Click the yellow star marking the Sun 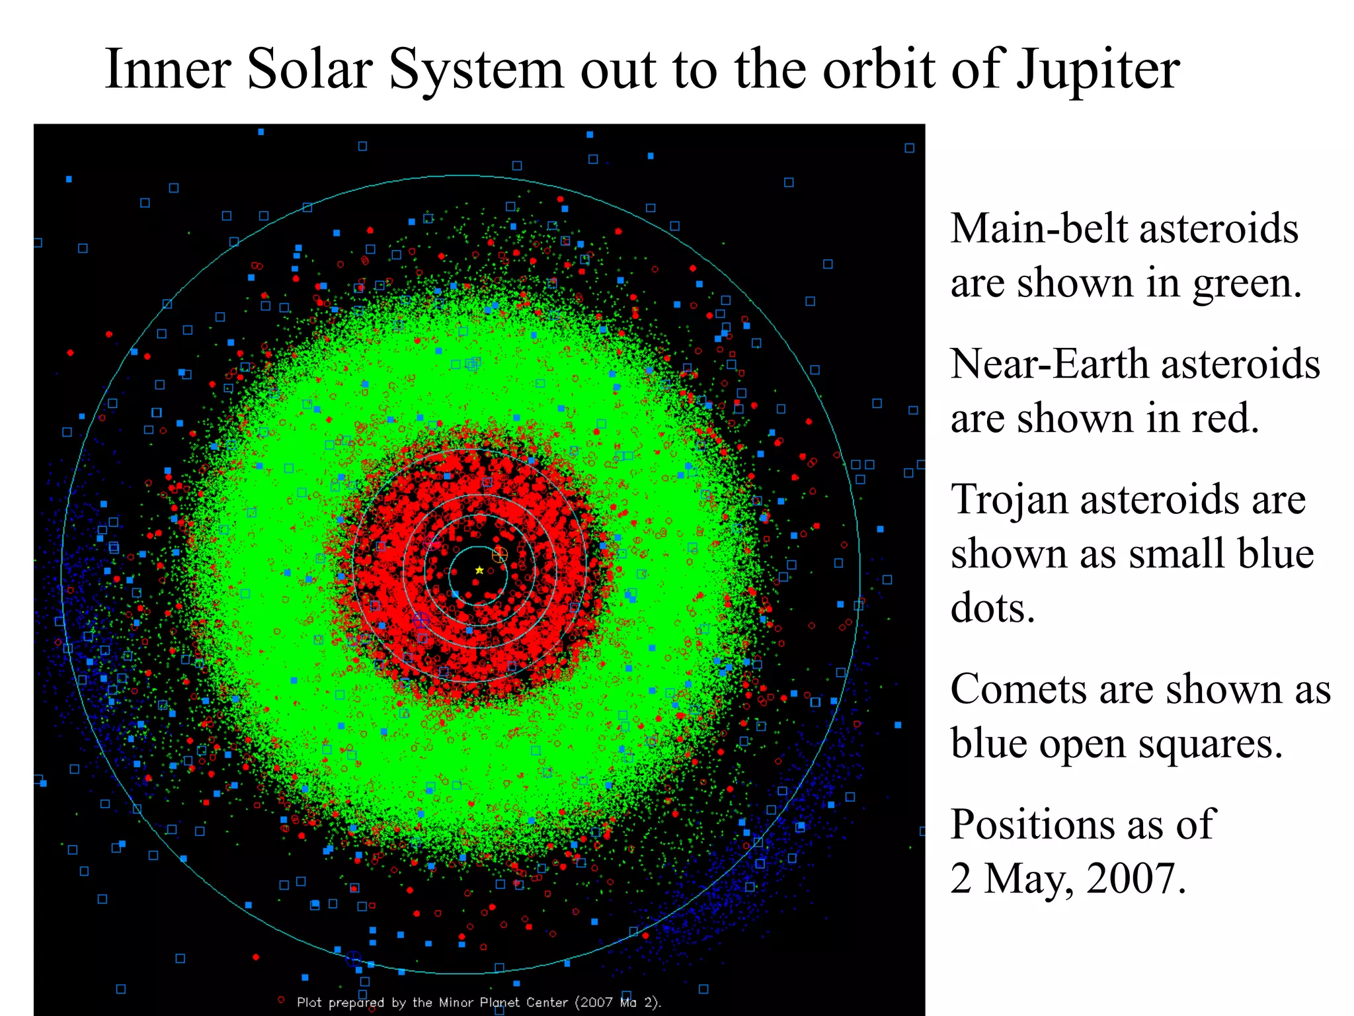(479, 570)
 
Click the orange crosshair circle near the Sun (500, 554)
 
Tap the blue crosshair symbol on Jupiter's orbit (353, 958)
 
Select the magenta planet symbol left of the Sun (431, 543)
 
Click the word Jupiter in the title (1097, 69)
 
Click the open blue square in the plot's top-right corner (909, 148)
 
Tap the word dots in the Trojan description (992, 609)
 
